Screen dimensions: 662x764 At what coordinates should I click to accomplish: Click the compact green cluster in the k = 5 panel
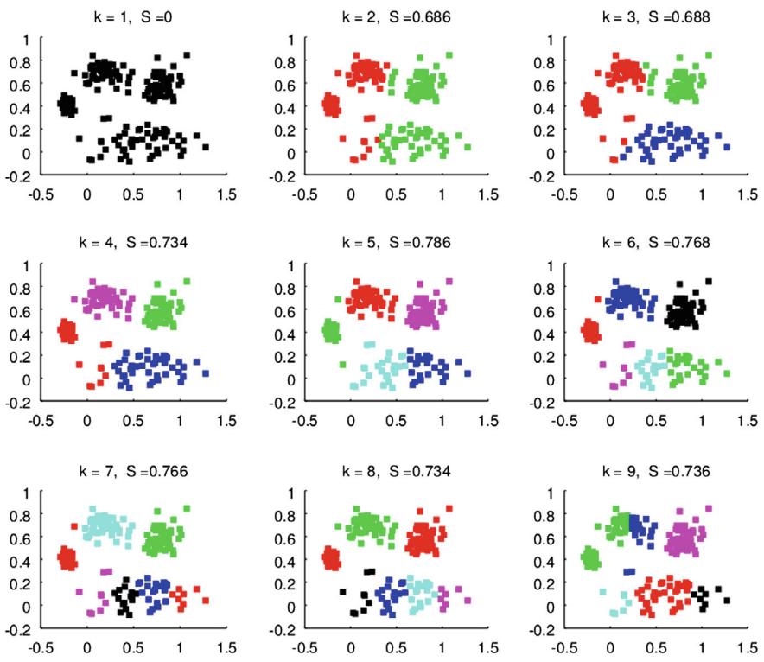[x=329, y=330]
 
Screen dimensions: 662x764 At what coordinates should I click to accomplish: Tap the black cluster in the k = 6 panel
[x=685, y=311]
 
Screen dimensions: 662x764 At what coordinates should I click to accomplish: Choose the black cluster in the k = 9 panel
[x=708, y=596]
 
